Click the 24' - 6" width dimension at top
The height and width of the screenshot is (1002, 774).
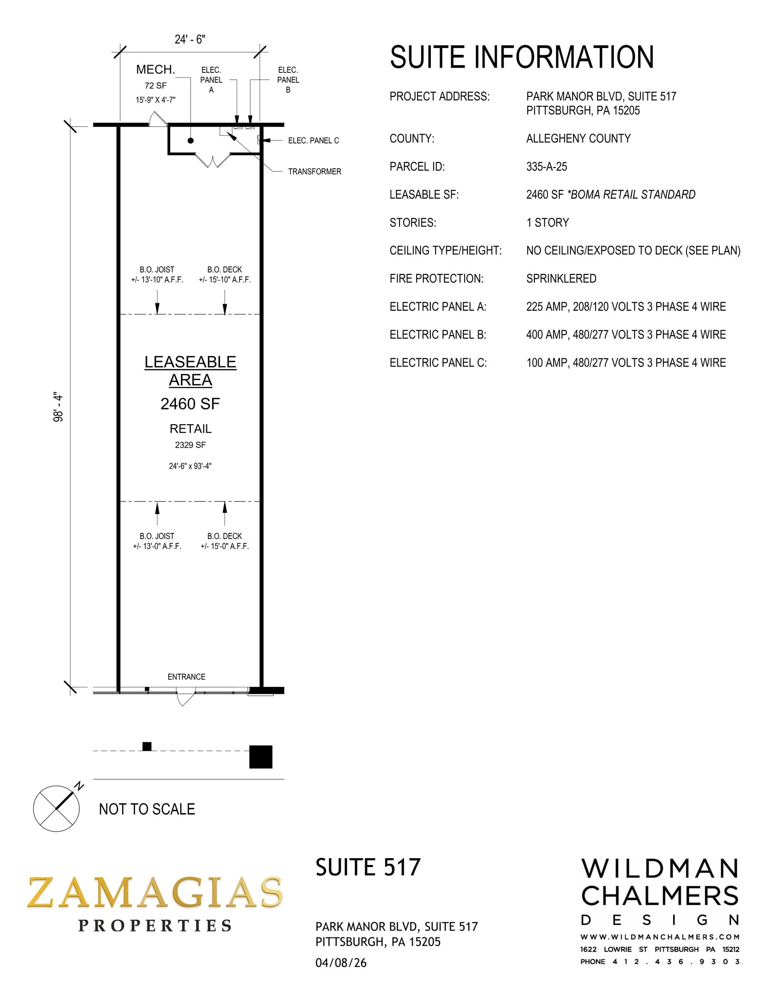tap(190, 40)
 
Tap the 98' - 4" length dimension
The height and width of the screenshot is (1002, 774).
tap(59, 407)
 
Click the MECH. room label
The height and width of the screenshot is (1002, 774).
tap(155, 69)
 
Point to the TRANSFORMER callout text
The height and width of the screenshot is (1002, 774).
tap(314, 172)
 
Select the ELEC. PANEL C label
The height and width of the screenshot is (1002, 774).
tap(313, 141)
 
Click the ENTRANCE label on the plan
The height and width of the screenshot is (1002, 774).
tap(186, 677)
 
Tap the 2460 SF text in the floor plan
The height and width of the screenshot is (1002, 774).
tap(190, 404)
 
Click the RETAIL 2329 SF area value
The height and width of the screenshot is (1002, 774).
tap(190, 445)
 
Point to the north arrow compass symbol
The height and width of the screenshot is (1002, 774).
tap(56, 808)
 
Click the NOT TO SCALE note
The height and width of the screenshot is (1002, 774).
tap(147, 809)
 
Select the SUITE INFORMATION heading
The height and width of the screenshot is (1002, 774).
tap(522, 57)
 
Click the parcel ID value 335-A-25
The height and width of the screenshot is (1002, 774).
tap(546, 167)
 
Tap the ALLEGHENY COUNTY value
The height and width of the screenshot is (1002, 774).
tap(578, 139)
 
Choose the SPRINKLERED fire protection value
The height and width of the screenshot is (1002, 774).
tap(561, 279)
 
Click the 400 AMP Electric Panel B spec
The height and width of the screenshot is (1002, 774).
tap(625, 335)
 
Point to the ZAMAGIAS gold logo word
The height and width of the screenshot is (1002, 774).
tap(155, 892)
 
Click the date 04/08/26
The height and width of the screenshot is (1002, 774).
tap(341, 963)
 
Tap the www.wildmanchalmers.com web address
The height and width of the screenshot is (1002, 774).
tap(660, 937)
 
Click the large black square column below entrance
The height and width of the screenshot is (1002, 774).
tap(261, 757)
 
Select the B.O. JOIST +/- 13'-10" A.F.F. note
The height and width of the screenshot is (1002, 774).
tap(157, 275)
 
